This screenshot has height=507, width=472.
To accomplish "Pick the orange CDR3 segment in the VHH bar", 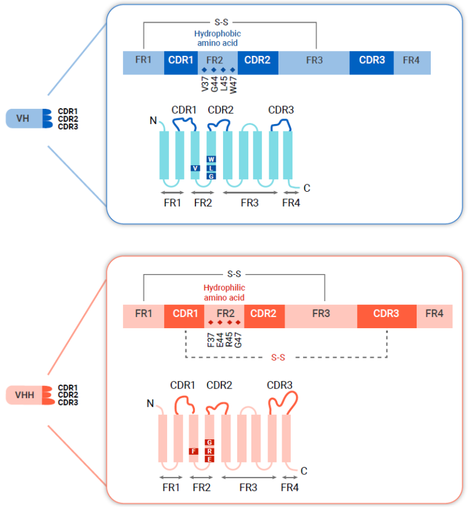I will (387, 313).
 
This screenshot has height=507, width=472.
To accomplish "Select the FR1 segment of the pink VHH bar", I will (143, 313).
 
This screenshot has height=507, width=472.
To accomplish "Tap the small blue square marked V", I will (195, 168).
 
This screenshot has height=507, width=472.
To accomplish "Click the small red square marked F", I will (194, 451).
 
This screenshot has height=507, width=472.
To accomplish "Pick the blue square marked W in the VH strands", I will (211, 159).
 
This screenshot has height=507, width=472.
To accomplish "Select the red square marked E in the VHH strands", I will (210, 459).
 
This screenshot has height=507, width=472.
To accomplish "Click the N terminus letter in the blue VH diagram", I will (153, 120).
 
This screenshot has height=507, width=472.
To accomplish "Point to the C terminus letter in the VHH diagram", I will (303, 471).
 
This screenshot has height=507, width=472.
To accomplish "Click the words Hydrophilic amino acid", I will (224, 293).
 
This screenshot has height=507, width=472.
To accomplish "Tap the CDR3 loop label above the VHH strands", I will (280, 385).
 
